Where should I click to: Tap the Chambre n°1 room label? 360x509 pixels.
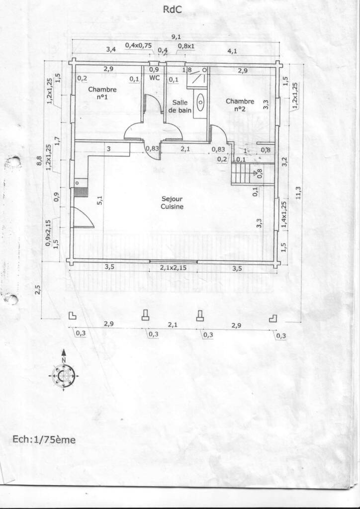pos(102,93)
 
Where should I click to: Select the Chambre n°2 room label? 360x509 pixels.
pos(240,105)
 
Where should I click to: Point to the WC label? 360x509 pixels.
pos(155,78)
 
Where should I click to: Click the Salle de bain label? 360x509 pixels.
pos(180,106)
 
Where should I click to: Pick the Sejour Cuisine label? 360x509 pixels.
pos(172,203)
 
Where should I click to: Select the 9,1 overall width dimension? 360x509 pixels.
pos(176,37)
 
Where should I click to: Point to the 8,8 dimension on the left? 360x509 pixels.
pos(39,162)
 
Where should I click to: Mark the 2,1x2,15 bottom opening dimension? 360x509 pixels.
pos(174,268)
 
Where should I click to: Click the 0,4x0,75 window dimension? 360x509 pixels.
pos(139,45)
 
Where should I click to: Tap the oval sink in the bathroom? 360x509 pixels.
pos(201,101)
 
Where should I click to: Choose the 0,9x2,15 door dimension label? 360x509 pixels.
pos(48,233)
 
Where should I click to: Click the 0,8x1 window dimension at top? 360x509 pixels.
pos(186,46)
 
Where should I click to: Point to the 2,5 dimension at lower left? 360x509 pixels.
pos(38,290)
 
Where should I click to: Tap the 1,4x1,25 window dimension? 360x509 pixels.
pos(283,216)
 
